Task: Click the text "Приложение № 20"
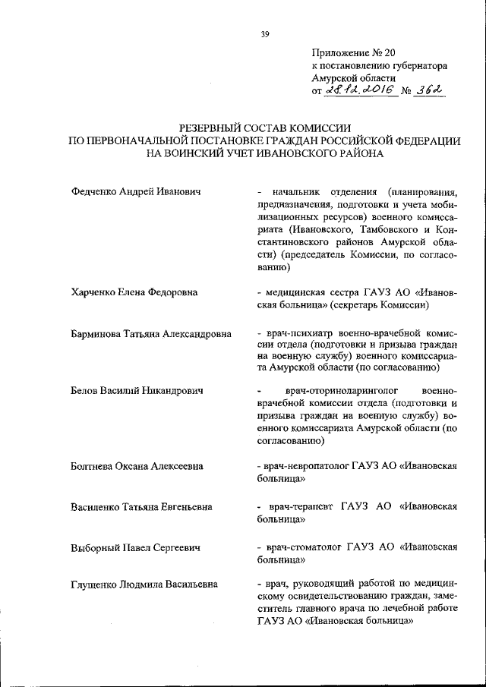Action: click(x=354, y=52)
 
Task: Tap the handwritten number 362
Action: click(x=429, y=91)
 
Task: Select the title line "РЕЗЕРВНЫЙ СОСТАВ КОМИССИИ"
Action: click(x=264, y=129)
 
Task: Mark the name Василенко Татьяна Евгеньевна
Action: click(x=141, y=506)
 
